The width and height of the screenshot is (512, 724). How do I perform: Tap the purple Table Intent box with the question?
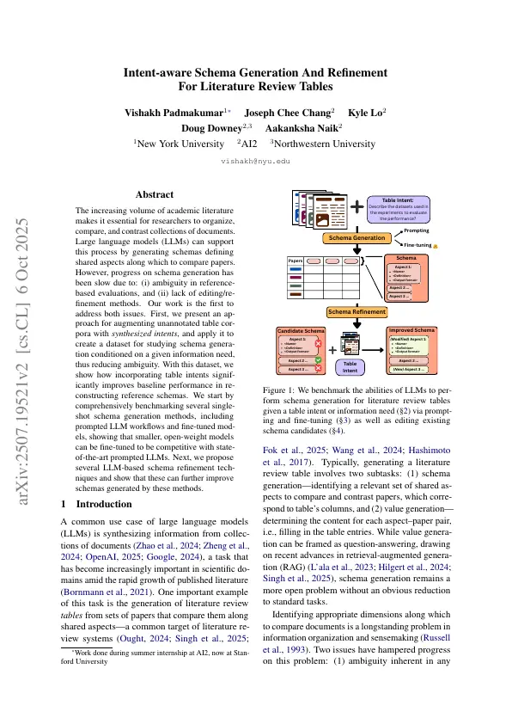pyautogui.click(x=398, y=210)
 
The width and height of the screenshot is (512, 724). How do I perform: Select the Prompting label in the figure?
pyautogui.click(x=417, y=230)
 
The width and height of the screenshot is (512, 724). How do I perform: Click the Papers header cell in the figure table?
pyautogui.click(x=294, y=259)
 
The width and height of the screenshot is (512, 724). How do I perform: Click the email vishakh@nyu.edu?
pyautogui.click(x=255, y=161)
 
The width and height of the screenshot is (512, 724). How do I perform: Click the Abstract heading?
pyautogui.click(x=155, y=195)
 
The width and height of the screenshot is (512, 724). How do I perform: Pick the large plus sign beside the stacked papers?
pyautogui.click(x=356, y=207)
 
